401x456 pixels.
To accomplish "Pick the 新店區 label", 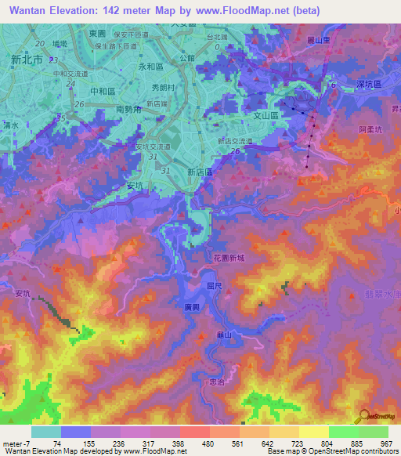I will [201, 171].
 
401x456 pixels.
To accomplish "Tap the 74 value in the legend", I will [57, 443].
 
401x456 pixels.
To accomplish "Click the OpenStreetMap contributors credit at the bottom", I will [344, 451].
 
